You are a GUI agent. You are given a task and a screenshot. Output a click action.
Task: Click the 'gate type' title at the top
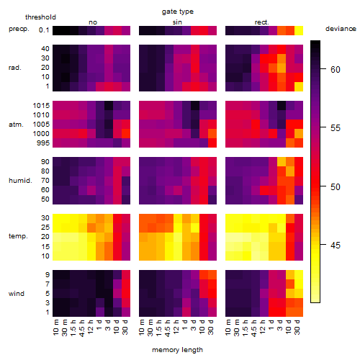(178, 12)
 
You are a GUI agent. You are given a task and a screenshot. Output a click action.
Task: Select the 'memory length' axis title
(177, 350)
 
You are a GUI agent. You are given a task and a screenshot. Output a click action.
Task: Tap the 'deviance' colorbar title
(341, 29)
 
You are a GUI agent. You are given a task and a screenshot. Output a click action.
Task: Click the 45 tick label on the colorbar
(336, 245)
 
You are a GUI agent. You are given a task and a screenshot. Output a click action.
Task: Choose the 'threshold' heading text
(40, 17)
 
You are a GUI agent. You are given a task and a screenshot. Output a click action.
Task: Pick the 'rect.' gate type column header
(262, 22)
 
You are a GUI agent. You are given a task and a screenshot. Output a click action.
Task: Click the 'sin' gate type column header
(177, 22)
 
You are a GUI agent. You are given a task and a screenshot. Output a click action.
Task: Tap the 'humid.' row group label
(20, 181)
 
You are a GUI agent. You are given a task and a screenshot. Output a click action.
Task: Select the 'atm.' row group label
(16, 125)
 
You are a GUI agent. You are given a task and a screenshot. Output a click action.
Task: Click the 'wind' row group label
(17, 294)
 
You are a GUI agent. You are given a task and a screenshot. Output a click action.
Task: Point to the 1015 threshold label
(41, 106)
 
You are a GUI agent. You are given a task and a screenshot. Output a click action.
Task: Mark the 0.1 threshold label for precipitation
(44, 30)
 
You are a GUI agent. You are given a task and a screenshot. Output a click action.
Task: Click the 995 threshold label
(43, 143)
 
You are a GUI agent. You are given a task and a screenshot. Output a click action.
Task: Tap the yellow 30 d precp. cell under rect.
(299, 30)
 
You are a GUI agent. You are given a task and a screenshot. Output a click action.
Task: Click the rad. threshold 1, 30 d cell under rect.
(299, 86)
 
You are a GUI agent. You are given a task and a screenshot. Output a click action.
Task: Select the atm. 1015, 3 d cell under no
(109, 105)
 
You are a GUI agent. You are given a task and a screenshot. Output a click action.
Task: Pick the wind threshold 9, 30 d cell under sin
(212, 275)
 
